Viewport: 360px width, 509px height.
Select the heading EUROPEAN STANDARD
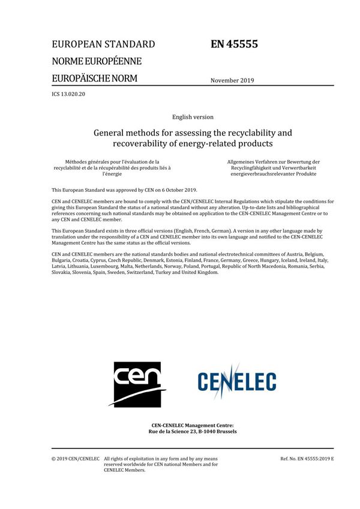click(x=103, y=44)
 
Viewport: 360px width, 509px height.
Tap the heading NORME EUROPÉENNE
click(x=97, y=61)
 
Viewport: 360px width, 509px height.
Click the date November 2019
click(x=232, y=80)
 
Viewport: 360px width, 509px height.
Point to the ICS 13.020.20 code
click(x=69, y=95)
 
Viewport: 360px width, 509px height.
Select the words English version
click(x=192, y=117)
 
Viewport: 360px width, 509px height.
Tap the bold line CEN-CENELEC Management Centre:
click(x=192, y=424)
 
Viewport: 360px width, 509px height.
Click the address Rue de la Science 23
click(x=174, y=431)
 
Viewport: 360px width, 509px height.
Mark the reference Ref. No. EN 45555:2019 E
click(x=307, y=459)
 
